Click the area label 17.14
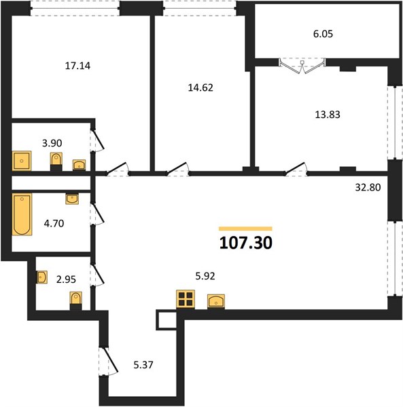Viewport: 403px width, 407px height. pos(77,66)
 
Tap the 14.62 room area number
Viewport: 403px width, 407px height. pos(200,88)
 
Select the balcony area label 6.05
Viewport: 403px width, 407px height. pos(323,34)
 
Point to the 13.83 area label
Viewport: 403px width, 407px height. pos(328,115)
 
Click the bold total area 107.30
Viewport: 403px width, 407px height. pos(246,244)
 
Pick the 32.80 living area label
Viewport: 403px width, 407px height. pos(368,187)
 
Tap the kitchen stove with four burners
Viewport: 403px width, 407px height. pos(186,299)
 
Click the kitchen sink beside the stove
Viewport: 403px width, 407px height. pos(216,301)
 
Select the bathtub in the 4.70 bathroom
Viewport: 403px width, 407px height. pos(22,214)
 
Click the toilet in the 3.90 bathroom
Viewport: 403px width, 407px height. pos(56,161)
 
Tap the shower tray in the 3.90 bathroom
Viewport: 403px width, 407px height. pos(22,161)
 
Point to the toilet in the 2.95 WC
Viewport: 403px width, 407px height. pos(76,301)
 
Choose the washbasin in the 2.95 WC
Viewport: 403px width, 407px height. pos(41,277)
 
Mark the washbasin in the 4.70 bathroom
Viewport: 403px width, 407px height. pos(72,199)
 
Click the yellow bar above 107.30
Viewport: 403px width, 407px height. pos(245,229)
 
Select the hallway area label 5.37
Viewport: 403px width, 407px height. pos(143,365)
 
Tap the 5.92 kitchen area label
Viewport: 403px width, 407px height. pos(205,276)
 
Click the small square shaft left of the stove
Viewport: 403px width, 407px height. pos(167,319)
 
